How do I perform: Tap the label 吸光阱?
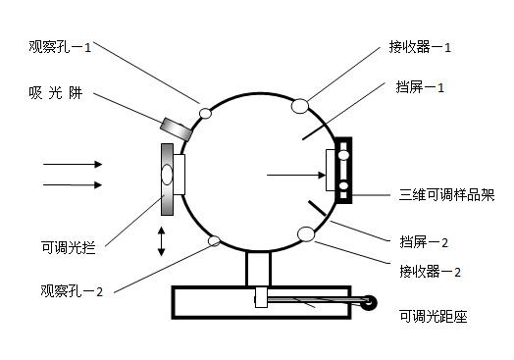click(62, 95)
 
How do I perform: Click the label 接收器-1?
click(421, 46)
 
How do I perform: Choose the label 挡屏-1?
click(423, 87)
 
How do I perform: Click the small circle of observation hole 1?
click(206, 114)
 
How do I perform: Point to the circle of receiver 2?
click(306, 233)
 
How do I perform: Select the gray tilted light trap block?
click(178, 128)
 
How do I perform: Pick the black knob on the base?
click(370, 305)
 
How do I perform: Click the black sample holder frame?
click(343, 172)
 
